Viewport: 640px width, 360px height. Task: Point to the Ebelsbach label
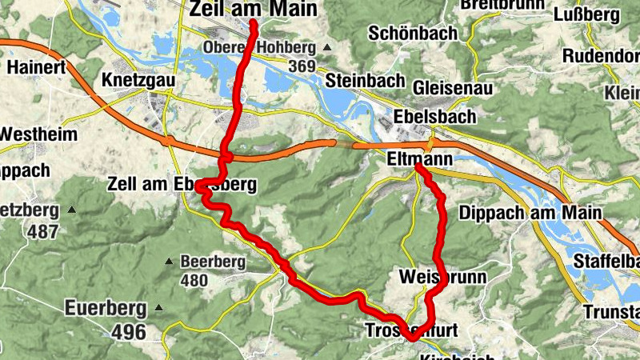click(434, 116)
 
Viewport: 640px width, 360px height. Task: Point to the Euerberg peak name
click(106, 307)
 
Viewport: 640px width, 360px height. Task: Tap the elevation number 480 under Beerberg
click(194, 281)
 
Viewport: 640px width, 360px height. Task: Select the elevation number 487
click(42, 232)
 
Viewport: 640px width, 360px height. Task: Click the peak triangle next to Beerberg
click(169, 262)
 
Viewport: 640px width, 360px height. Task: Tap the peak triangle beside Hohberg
click(326, 48)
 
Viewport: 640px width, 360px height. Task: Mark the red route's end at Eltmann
click(418, 169)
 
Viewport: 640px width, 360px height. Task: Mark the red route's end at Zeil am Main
click(253, 24)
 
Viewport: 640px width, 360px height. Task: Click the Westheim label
click(38, 134)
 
